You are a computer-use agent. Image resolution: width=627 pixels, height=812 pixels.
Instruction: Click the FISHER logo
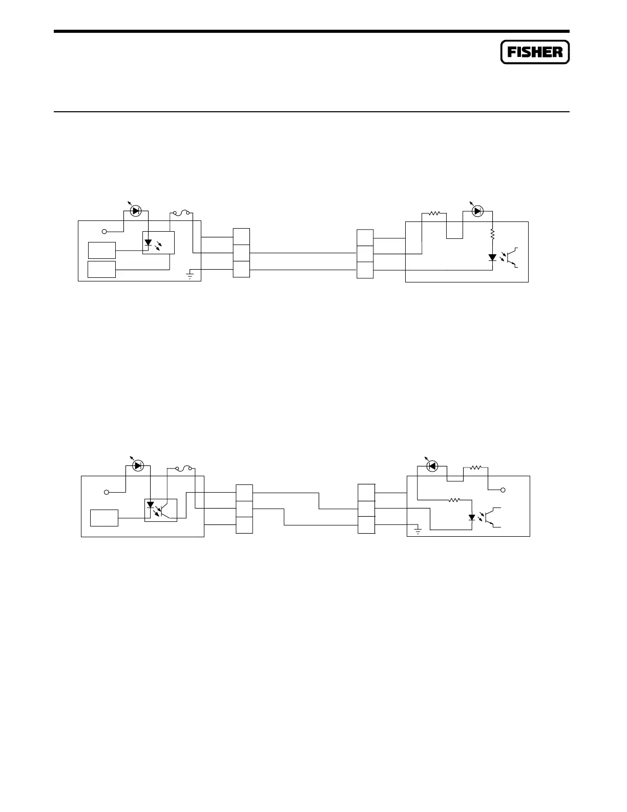click(535, 52)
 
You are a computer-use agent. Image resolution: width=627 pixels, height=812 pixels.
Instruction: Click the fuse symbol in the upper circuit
click(182, 212)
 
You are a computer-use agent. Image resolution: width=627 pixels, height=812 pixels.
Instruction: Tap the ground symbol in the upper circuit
click(190, 276)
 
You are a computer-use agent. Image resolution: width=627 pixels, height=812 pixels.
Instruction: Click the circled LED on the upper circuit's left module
click(135, 211)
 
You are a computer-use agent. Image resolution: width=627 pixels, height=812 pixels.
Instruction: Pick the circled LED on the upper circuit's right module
click(477, 211)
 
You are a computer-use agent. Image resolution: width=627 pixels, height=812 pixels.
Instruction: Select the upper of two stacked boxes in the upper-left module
click(101, 250)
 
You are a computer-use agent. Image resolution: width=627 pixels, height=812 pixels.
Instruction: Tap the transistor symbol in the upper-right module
click(513, 257)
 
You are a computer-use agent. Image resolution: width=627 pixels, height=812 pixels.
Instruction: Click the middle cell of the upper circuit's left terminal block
click(241, 253)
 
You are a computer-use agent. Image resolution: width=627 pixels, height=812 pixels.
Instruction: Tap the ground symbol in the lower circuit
click(418, 531)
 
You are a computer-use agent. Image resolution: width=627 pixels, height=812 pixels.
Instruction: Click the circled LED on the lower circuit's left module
click(137, 466)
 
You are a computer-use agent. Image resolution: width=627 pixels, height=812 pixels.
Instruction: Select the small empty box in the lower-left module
click(104, 518)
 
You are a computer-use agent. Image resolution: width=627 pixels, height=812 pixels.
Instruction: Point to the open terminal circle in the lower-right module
click(504, 491)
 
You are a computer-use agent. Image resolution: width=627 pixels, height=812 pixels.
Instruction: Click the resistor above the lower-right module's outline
click(475, 468)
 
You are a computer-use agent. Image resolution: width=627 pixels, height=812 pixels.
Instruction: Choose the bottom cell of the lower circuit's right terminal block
click(366, 525)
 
